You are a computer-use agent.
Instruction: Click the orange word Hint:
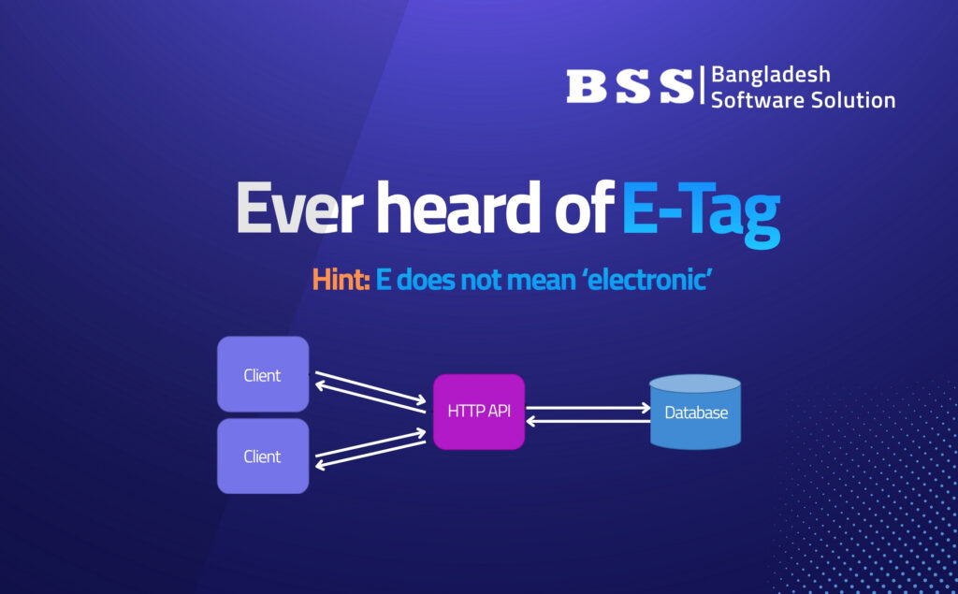[341, 280]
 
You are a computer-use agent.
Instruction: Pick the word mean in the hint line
[542, 281]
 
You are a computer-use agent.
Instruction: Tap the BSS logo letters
[630, 85]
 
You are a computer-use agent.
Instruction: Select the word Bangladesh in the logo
[771, 75]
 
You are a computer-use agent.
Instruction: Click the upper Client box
[263, 374]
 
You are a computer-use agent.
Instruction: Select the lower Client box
[263, 456]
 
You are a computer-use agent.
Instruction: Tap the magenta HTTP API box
[479, 412]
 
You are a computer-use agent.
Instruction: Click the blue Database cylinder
[695, 412]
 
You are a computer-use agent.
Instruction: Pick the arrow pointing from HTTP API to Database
[588, 408]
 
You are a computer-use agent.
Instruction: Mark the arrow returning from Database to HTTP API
[588, 421]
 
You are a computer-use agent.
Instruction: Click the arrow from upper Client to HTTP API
[370, 387]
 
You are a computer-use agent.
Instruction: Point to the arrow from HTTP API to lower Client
[370, 454]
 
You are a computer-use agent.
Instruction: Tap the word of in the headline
[584, 208]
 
